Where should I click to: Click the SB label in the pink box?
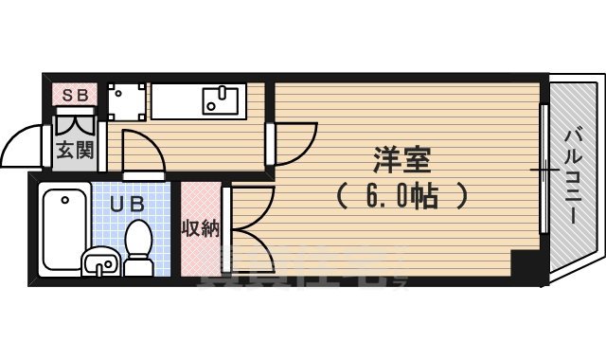[72, 95]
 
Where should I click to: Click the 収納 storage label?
[201, 227]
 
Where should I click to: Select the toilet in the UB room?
[139, 246]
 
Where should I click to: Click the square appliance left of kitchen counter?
[126, 100]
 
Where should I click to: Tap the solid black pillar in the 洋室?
[524, 263]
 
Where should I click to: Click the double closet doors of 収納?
[248, 227]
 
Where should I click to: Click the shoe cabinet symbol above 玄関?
[72, 121]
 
